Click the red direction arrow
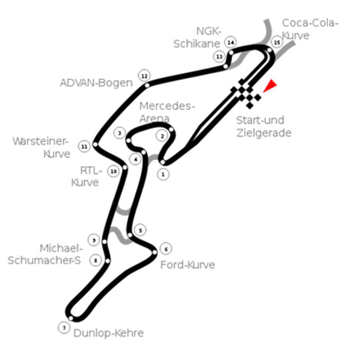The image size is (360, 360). pos(270,85)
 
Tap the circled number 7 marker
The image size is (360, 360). pos(64,328)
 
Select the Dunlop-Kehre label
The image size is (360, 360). pos(109,333)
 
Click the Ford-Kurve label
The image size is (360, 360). pos(187,265)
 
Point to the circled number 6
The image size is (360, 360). pos(166,249)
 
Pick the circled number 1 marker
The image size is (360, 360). pos(163,175)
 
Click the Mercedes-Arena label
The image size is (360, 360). pos(167,112)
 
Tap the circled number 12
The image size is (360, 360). pos(144,76)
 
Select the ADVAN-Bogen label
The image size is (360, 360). pos(96,83)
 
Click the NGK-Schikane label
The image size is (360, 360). pos(197,37)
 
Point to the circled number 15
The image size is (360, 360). pos(277,42)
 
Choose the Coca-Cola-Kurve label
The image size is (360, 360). pos(310,29)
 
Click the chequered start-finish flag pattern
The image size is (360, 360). pos(246,93)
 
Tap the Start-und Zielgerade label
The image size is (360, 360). pos(264,126)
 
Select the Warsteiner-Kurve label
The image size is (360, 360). pos(41,148)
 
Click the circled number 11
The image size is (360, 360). pos(85,147)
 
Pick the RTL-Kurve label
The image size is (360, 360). pos(87,177)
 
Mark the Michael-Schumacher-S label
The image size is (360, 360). pos(45,254)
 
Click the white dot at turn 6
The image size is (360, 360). pos(155,252)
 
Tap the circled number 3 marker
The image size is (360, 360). pos(119,133)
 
